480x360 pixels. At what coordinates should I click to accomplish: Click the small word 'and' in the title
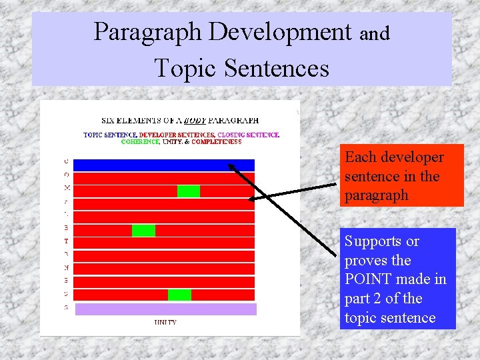tap(375, 33)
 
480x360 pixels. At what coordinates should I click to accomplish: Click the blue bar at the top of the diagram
tap(163, 165)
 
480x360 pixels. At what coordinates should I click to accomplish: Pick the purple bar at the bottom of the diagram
tap(165, 309)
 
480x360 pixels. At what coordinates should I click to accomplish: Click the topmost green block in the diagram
tap(189, 191)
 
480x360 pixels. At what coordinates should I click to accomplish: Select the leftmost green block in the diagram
tap(143, 231)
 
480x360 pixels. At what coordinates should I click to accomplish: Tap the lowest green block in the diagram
tap(179, 295)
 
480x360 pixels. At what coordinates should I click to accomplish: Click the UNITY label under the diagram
tap(165, 323)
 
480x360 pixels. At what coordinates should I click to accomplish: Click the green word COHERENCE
tap(140, 141)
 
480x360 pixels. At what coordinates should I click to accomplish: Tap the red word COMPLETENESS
tap(217, 141)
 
